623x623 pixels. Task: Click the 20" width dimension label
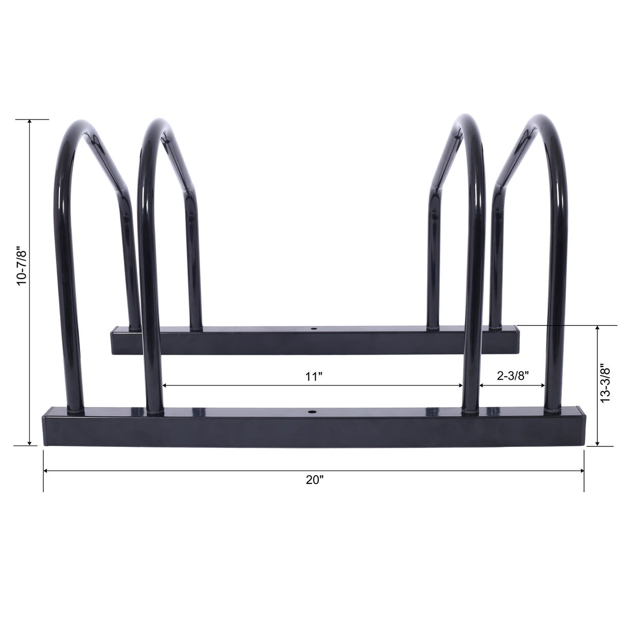click(x=314, y=480)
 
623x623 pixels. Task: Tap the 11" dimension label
click(x=314, y=377)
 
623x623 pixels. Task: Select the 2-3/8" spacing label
click(x=512, y=376)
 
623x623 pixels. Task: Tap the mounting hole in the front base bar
click(x=311, y=412)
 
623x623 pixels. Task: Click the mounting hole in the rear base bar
click(x=314, y=327)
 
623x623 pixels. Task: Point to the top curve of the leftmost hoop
click(x=82, y=124)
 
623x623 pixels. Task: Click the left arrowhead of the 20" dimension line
click(x=46, y=471)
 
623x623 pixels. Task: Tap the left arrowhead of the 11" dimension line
click(x=165, y=385)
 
